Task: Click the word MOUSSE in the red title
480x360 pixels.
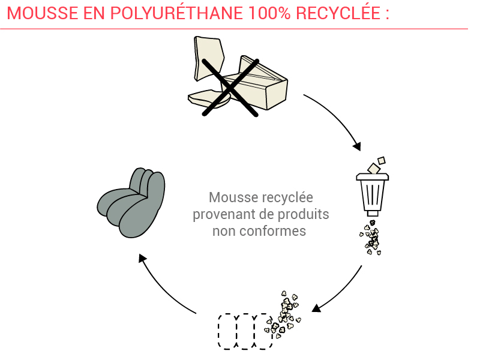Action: point(43,13)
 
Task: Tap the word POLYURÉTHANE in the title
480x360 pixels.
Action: point(176,13)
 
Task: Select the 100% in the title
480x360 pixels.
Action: point(269,13)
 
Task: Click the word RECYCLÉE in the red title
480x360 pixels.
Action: point(338,13)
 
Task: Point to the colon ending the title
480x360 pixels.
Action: point(387,14)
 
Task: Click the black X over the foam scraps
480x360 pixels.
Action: point(230,88)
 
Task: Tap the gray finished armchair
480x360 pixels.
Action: point(131,203)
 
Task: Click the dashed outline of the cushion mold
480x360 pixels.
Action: point(245,331)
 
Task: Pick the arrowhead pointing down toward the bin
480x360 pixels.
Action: point(357,146)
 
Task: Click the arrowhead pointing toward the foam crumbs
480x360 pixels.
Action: point(316,308)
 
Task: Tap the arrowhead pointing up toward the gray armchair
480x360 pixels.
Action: point(142,258)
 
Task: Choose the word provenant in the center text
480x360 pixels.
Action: point(227,215)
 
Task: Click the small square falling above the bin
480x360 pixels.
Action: point(382,160)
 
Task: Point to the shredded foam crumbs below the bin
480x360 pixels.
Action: point(371,237)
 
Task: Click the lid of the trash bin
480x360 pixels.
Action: point(372,176)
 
